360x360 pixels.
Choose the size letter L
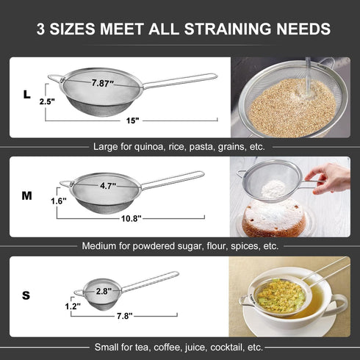click(26, 95)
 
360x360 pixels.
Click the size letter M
click(27, 196)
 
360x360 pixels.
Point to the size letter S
click(26, 295)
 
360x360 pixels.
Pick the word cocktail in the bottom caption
click(227, 346)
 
